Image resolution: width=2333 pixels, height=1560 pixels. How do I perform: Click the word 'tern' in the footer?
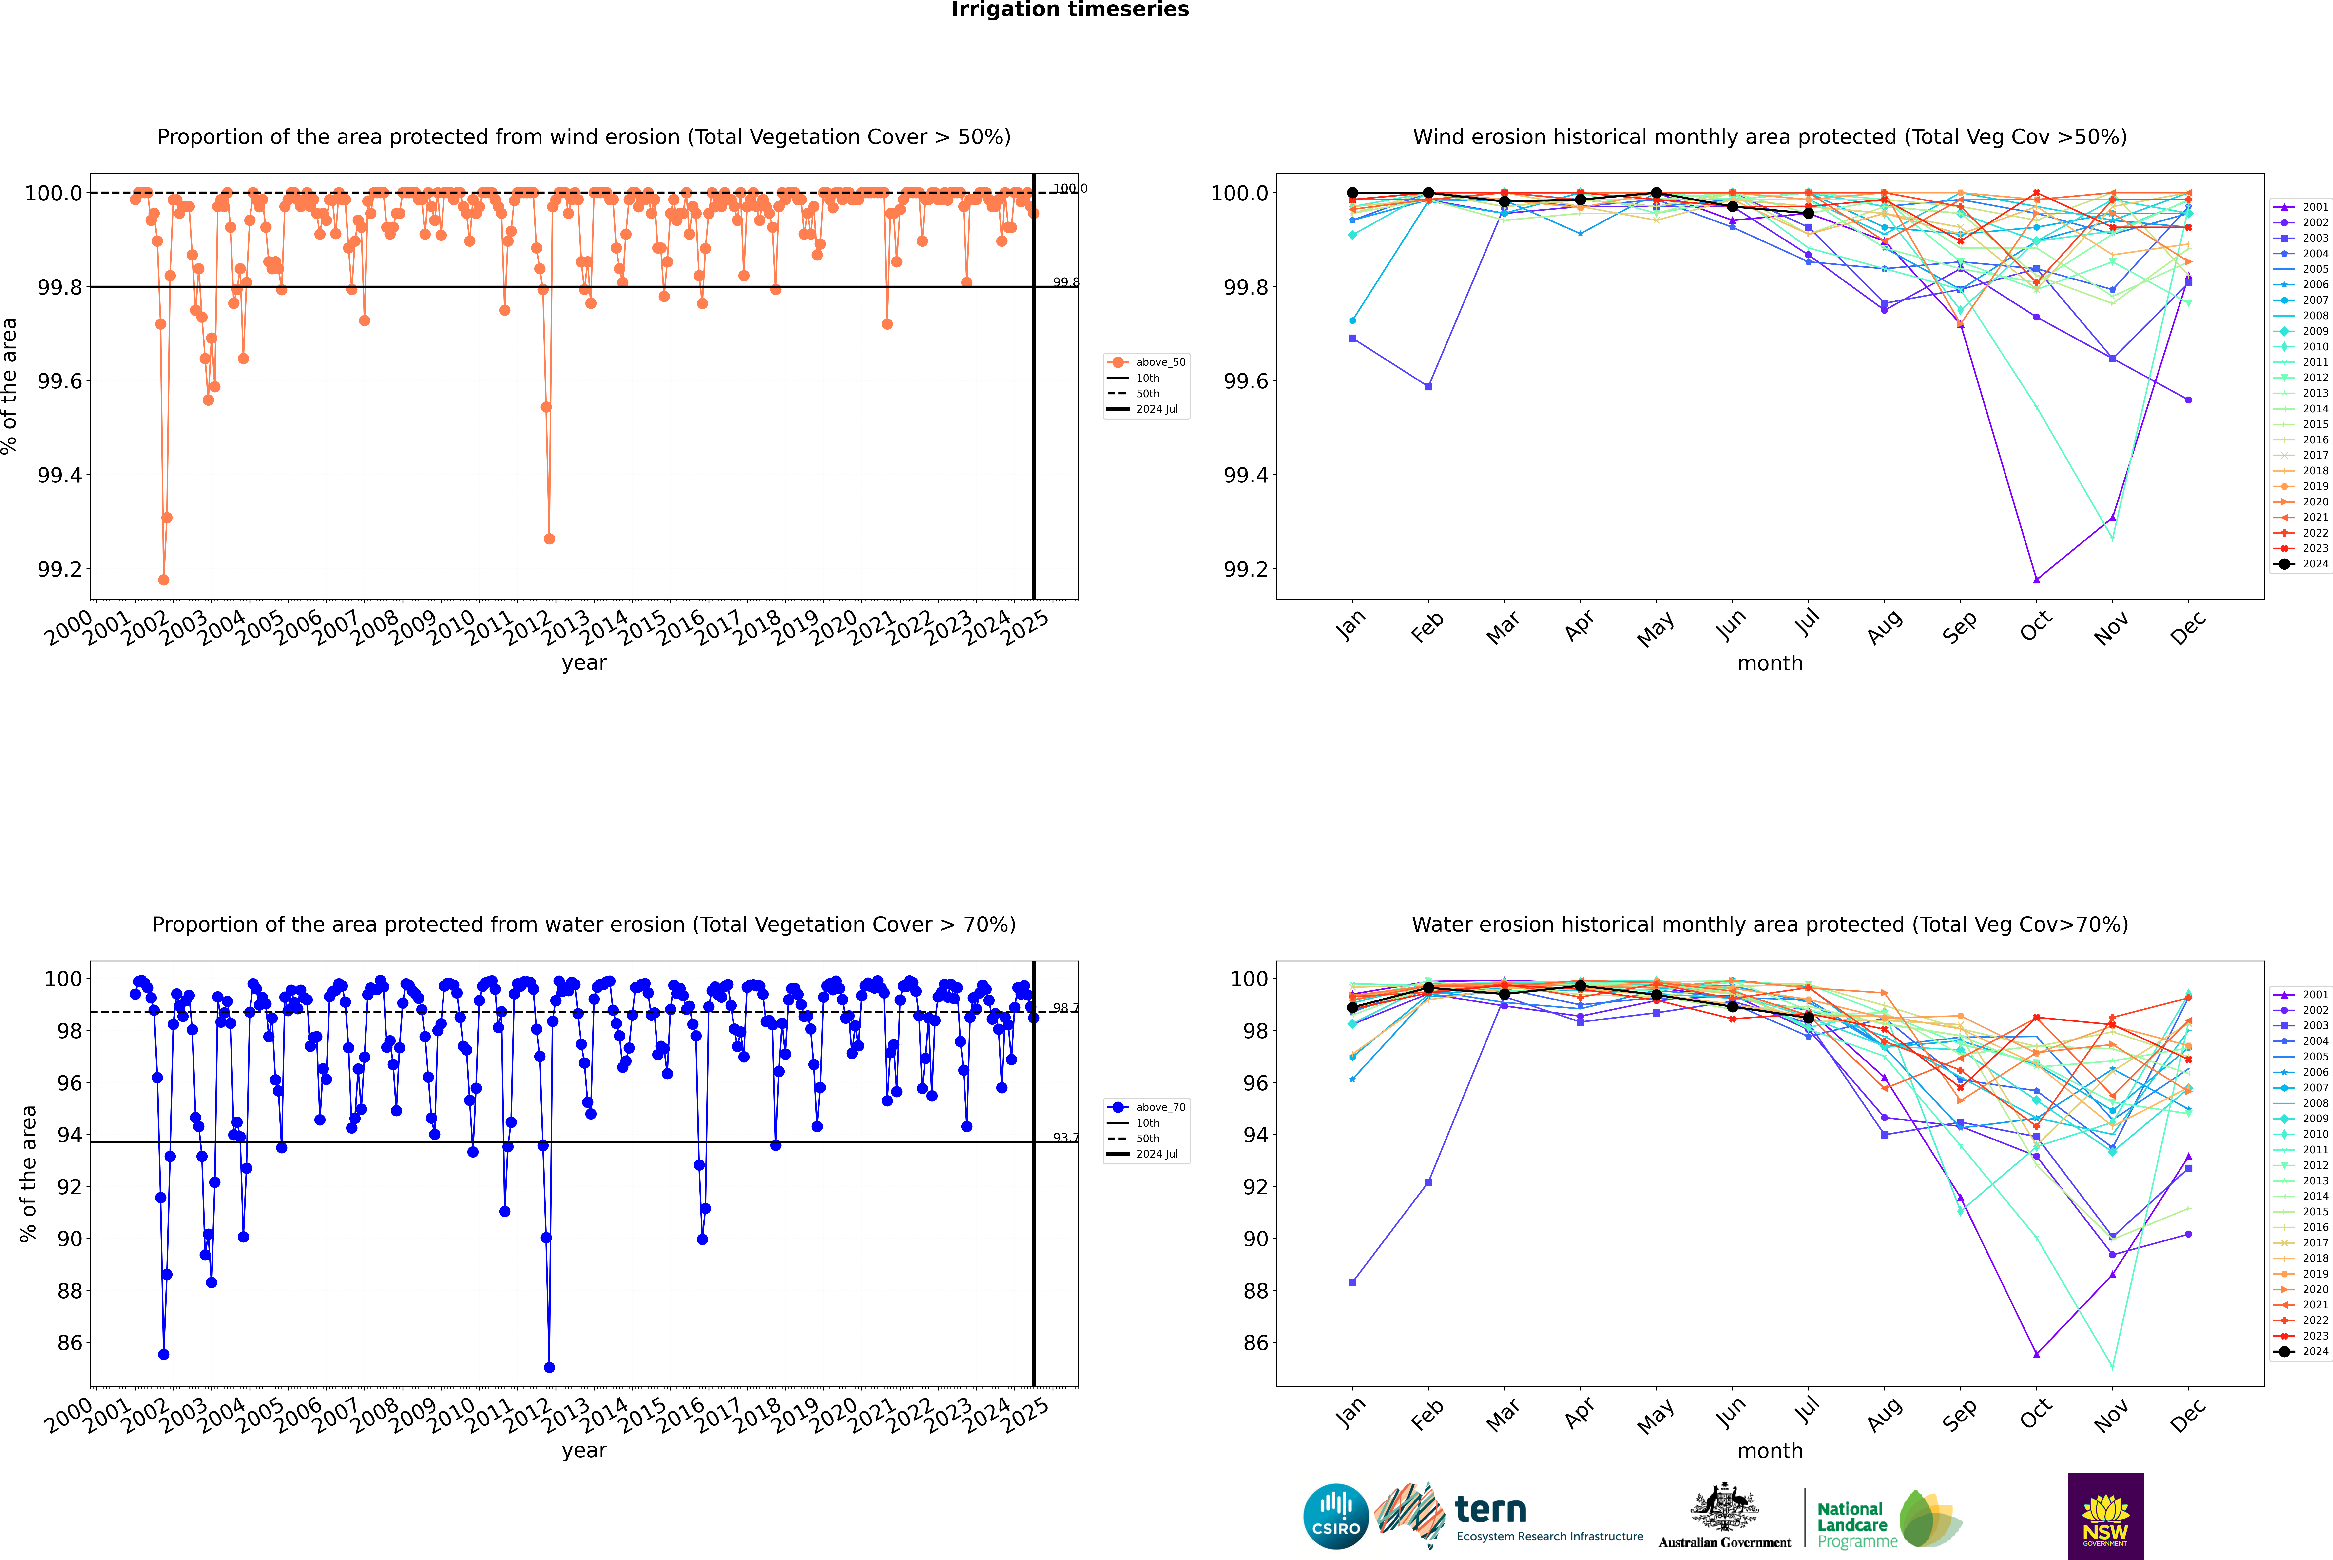click(x=1490, y=1509)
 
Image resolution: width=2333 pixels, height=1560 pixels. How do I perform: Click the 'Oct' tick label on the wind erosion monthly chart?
click(x=2036, y=627)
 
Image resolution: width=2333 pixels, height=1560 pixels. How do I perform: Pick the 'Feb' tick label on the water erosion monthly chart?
click(x=1427, y=1415)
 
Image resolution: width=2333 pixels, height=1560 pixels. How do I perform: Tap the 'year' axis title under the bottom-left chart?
click(x=584, y=1451)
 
